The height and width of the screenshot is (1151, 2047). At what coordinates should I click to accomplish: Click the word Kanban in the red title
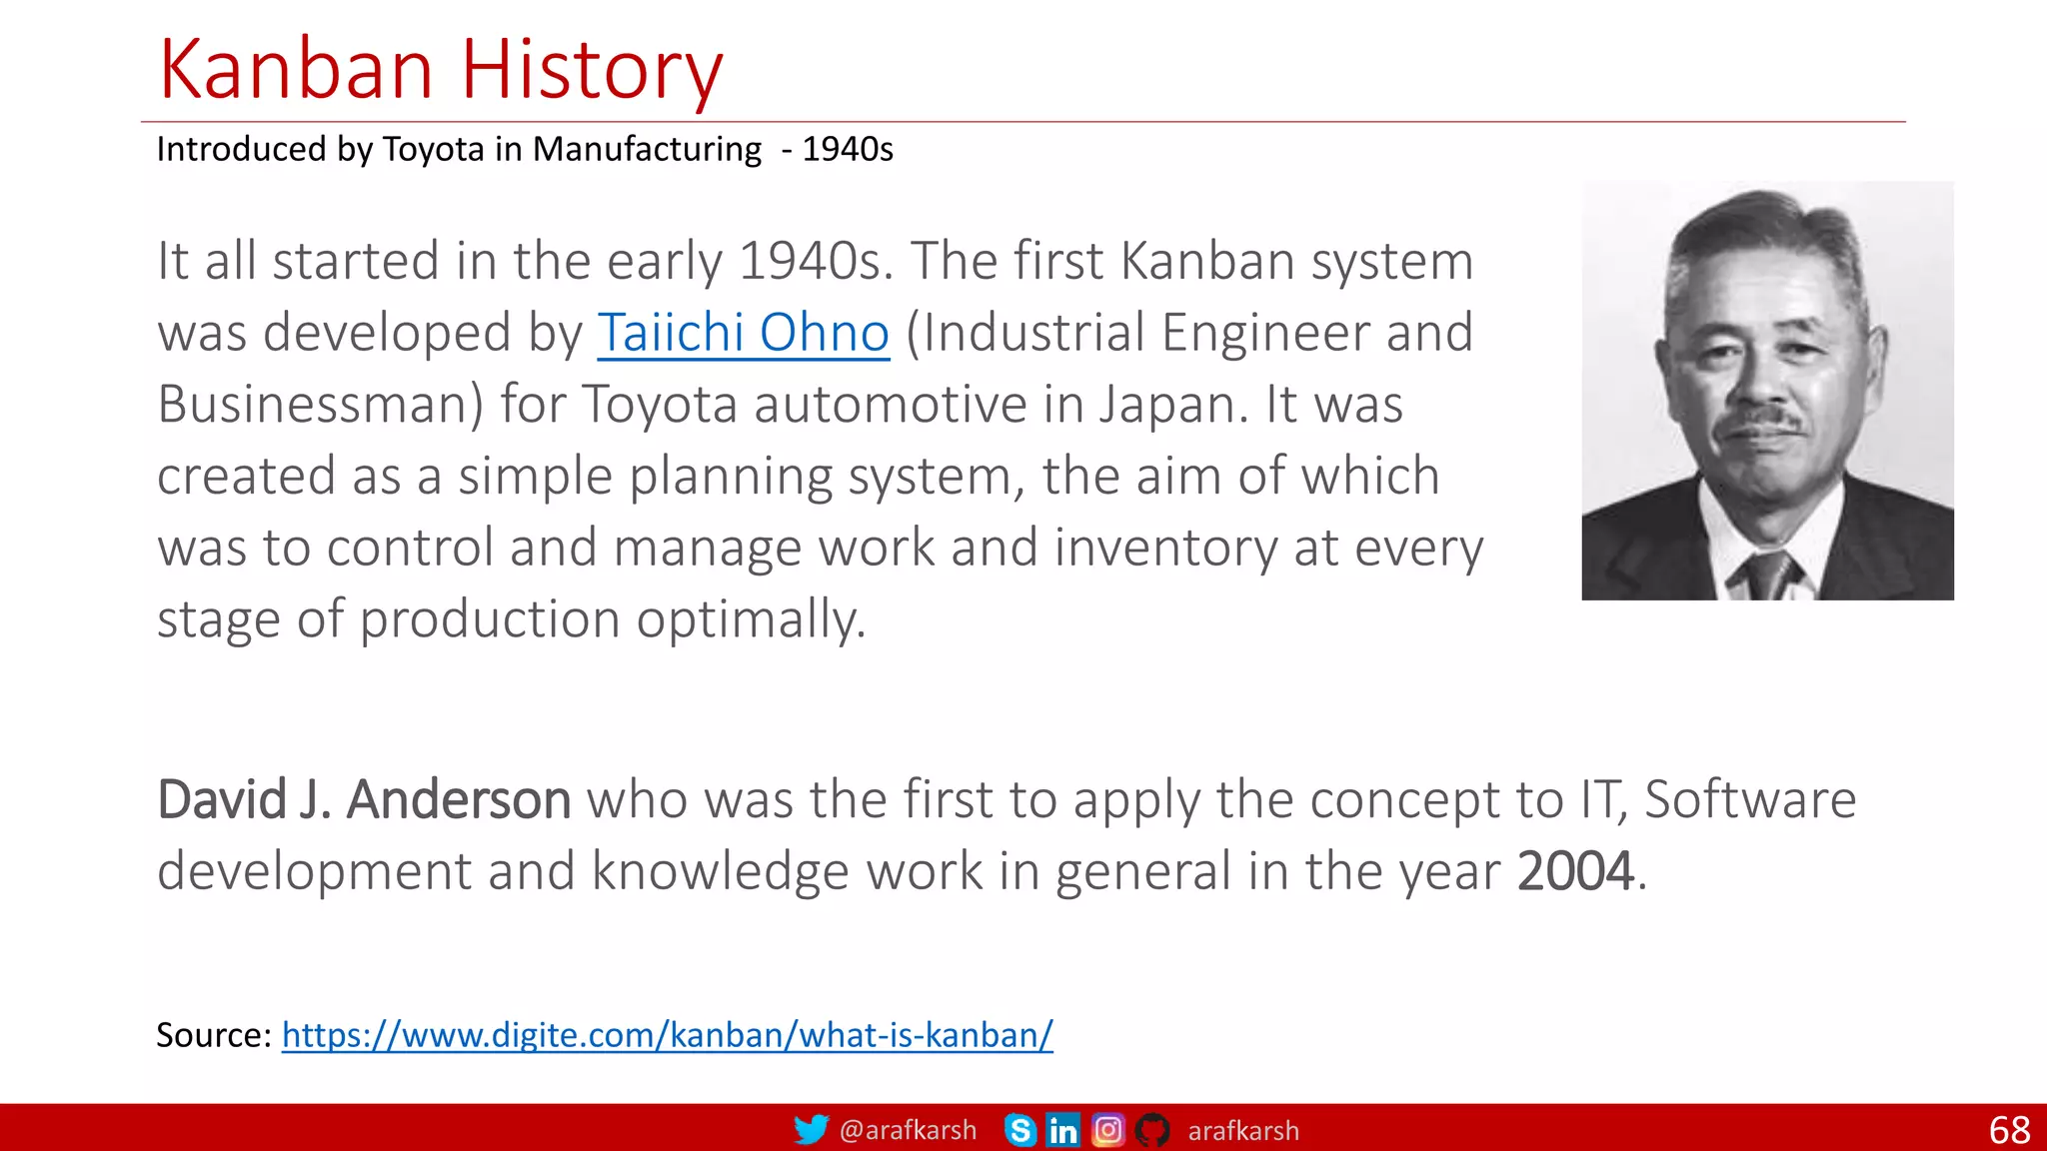click(x=296, y=70)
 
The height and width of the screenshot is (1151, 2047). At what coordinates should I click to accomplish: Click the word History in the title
click(x=591, y=70)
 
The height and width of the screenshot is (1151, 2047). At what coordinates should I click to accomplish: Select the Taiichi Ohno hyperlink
click(x=743, y=333)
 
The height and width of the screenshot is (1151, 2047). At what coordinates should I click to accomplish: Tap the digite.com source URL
click(x=667, y=1035)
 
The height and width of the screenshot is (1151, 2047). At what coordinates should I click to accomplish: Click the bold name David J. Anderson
click(x=364, y=800)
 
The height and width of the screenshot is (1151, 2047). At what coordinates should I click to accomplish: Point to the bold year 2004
click(x=1574, y=871)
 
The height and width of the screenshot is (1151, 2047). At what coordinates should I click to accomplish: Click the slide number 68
click(x=2009, y=1130)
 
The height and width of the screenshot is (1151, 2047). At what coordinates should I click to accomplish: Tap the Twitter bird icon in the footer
click(x=811, y=1130)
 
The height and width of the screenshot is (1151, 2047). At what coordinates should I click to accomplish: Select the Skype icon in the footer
click(x=1020, y=1130)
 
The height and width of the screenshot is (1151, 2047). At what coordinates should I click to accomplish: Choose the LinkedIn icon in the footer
click(x=1062, y=1130)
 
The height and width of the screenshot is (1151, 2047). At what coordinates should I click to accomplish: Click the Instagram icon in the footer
click(x=1107, y=1130)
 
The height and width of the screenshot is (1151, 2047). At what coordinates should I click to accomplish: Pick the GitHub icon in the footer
click(x=1151, y=1130)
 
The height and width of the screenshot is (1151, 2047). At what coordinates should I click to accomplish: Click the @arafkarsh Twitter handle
click(x=908, y=1130)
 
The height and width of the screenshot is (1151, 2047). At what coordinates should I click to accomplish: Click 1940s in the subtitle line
click(x=848, y=150)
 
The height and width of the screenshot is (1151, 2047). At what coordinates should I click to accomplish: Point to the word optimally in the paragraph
click(x=750, y=619)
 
